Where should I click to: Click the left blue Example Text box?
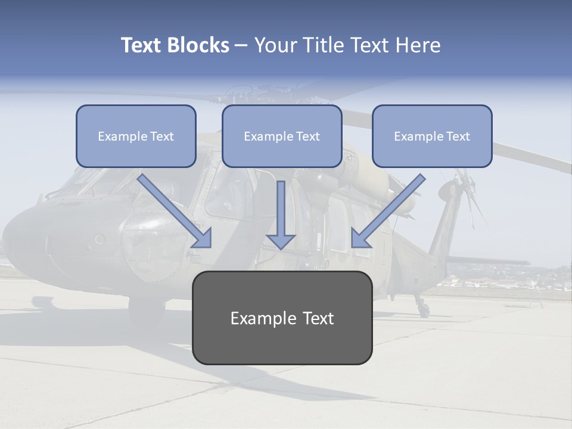136,136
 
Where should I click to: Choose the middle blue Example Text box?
282,136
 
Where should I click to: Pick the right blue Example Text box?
432,136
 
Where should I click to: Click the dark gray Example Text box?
282,318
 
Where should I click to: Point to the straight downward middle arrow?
281,214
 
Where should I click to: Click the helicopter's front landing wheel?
147,310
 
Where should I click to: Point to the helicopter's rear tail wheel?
423,309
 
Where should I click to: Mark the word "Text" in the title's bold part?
141,45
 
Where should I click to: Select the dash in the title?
241,45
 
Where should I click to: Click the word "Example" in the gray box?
259,318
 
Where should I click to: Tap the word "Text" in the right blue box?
458,136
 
